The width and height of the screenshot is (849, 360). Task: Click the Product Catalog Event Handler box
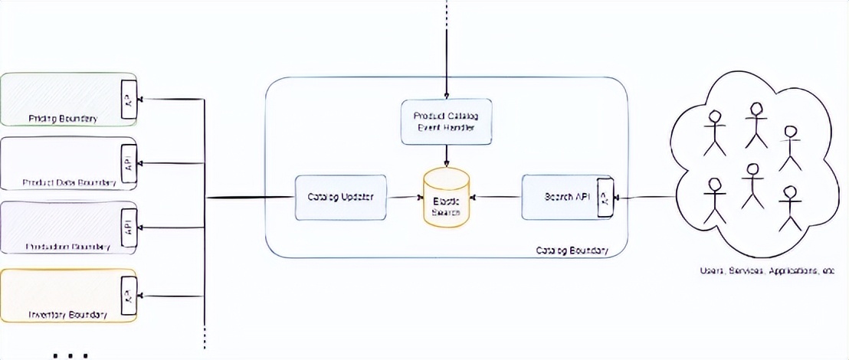[x=446, y=121]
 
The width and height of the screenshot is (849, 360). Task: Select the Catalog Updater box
[x=340, y=198]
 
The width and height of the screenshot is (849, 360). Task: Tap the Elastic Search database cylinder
[x=446, y=198]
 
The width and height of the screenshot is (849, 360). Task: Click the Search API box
[x=562, y=197]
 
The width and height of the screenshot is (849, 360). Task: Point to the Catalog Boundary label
[x=572, y=250]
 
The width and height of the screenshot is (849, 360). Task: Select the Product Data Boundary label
[x=70, y=183]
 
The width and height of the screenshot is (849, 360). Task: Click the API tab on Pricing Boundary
[x=128, y=99]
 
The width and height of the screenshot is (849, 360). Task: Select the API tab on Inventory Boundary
[x=128, y=296]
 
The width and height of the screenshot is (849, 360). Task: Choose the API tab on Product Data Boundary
[x=128, y=163]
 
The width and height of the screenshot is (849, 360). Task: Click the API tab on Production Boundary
[x=128, y=227]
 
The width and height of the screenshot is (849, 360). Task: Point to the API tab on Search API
[x=603, y=198]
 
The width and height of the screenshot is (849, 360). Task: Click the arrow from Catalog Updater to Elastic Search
[x=404, y=198]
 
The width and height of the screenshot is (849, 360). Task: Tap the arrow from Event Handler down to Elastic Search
[x=446, y=156]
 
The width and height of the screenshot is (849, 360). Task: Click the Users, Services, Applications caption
[x=773, y=270]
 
